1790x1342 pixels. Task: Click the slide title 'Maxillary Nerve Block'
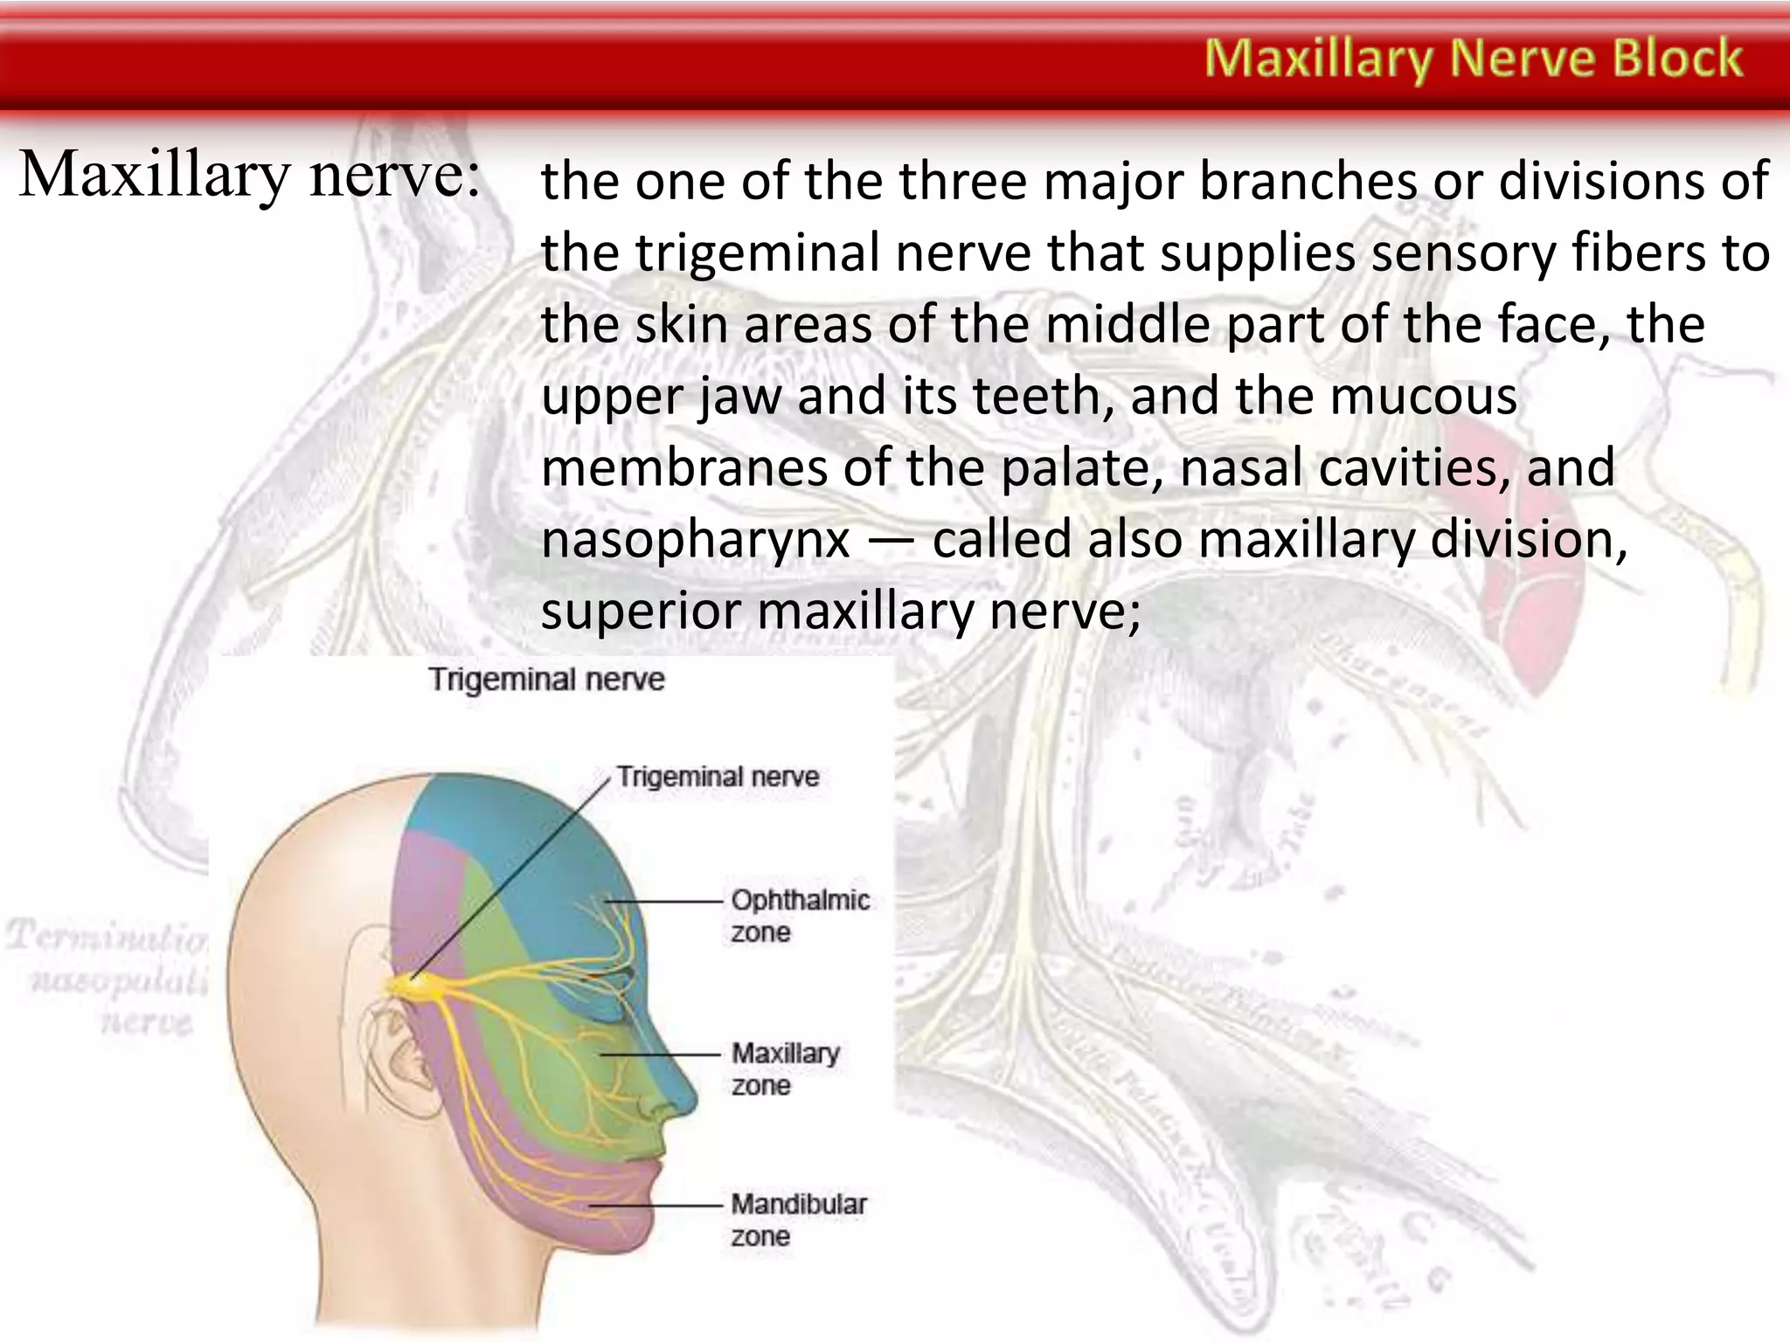pyautogui.click(x=1474, y=59)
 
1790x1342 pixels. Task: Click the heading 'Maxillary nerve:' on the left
pyautogui.click(x=249, y=175)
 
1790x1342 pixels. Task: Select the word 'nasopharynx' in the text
pyautogui.click(x=696, y=539)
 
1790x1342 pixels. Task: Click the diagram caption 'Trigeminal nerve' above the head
pyautogui.click(x=546, y=680)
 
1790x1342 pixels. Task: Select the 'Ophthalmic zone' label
pyautogui.click(x=800, y=916)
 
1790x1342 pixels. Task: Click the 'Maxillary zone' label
pyautogui.click(x=785, y=1069)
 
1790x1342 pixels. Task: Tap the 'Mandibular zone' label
pyautogui.click(x=798, y=1220)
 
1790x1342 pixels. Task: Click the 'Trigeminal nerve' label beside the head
pyautogui.click(x=718, y=776)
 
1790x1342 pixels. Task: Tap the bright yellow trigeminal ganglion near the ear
pyautogui.click(x=411, y=984)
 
